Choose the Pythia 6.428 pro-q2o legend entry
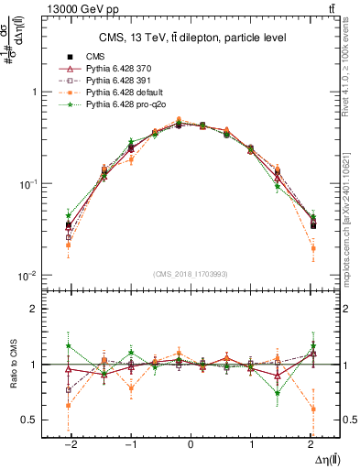coord(124,106)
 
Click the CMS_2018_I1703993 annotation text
coord(190,273)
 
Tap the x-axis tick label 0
coord(191,444)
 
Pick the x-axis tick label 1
coord(251,444)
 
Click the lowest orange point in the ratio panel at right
coord(313,409)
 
